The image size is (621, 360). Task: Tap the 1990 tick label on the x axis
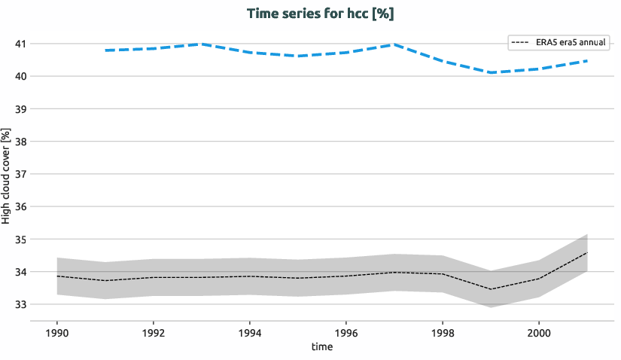57,332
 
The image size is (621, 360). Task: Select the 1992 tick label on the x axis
154,332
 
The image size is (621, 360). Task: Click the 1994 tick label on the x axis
250,332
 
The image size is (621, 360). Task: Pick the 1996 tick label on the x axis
346,332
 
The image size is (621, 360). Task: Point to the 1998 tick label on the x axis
443,332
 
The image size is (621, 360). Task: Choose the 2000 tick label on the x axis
538,332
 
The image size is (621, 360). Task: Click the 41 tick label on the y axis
21,44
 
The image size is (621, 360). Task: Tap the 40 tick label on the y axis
21,76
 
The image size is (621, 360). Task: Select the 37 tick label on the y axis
21,174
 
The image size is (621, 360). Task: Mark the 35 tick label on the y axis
21,239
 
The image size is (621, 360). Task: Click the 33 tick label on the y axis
21,304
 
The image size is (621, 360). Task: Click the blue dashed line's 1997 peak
394,44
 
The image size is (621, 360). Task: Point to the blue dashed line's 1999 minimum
490,72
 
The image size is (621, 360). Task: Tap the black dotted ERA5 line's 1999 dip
490,289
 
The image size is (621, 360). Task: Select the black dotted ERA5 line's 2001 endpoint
586,253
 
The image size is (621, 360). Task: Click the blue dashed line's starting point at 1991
106,50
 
